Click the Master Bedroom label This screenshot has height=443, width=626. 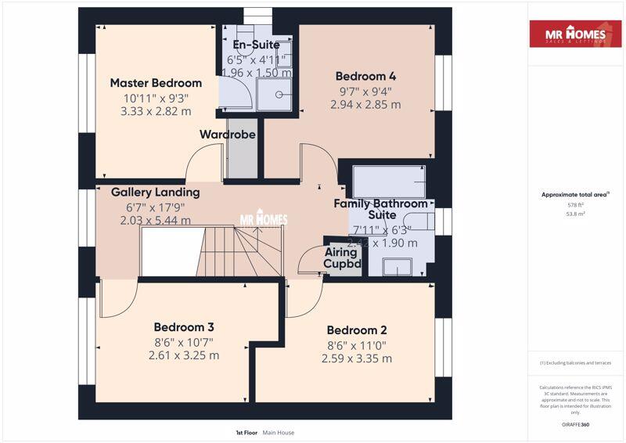(156, 83)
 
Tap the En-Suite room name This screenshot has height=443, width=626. (257, 45)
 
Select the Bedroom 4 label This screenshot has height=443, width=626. (365, 77)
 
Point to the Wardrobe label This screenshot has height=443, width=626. (228, 135)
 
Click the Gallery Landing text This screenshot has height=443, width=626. (155, 192)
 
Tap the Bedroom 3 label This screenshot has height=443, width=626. (184, 327)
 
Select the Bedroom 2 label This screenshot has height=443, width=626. (357, 330)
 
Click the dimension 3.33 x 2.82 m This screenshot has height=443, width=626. (156, 111)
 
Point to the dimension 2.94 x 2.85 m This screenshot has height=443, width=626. (365, 104)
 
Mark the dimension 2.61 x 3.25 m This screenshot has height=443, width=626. (184, 355)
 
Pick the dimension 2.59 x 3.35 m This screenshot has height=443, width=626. (357, 358)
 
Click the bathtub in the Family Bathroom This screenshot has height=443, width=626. (389, 182)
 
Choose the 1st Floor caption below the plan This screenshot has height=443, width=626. (246, 432)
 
